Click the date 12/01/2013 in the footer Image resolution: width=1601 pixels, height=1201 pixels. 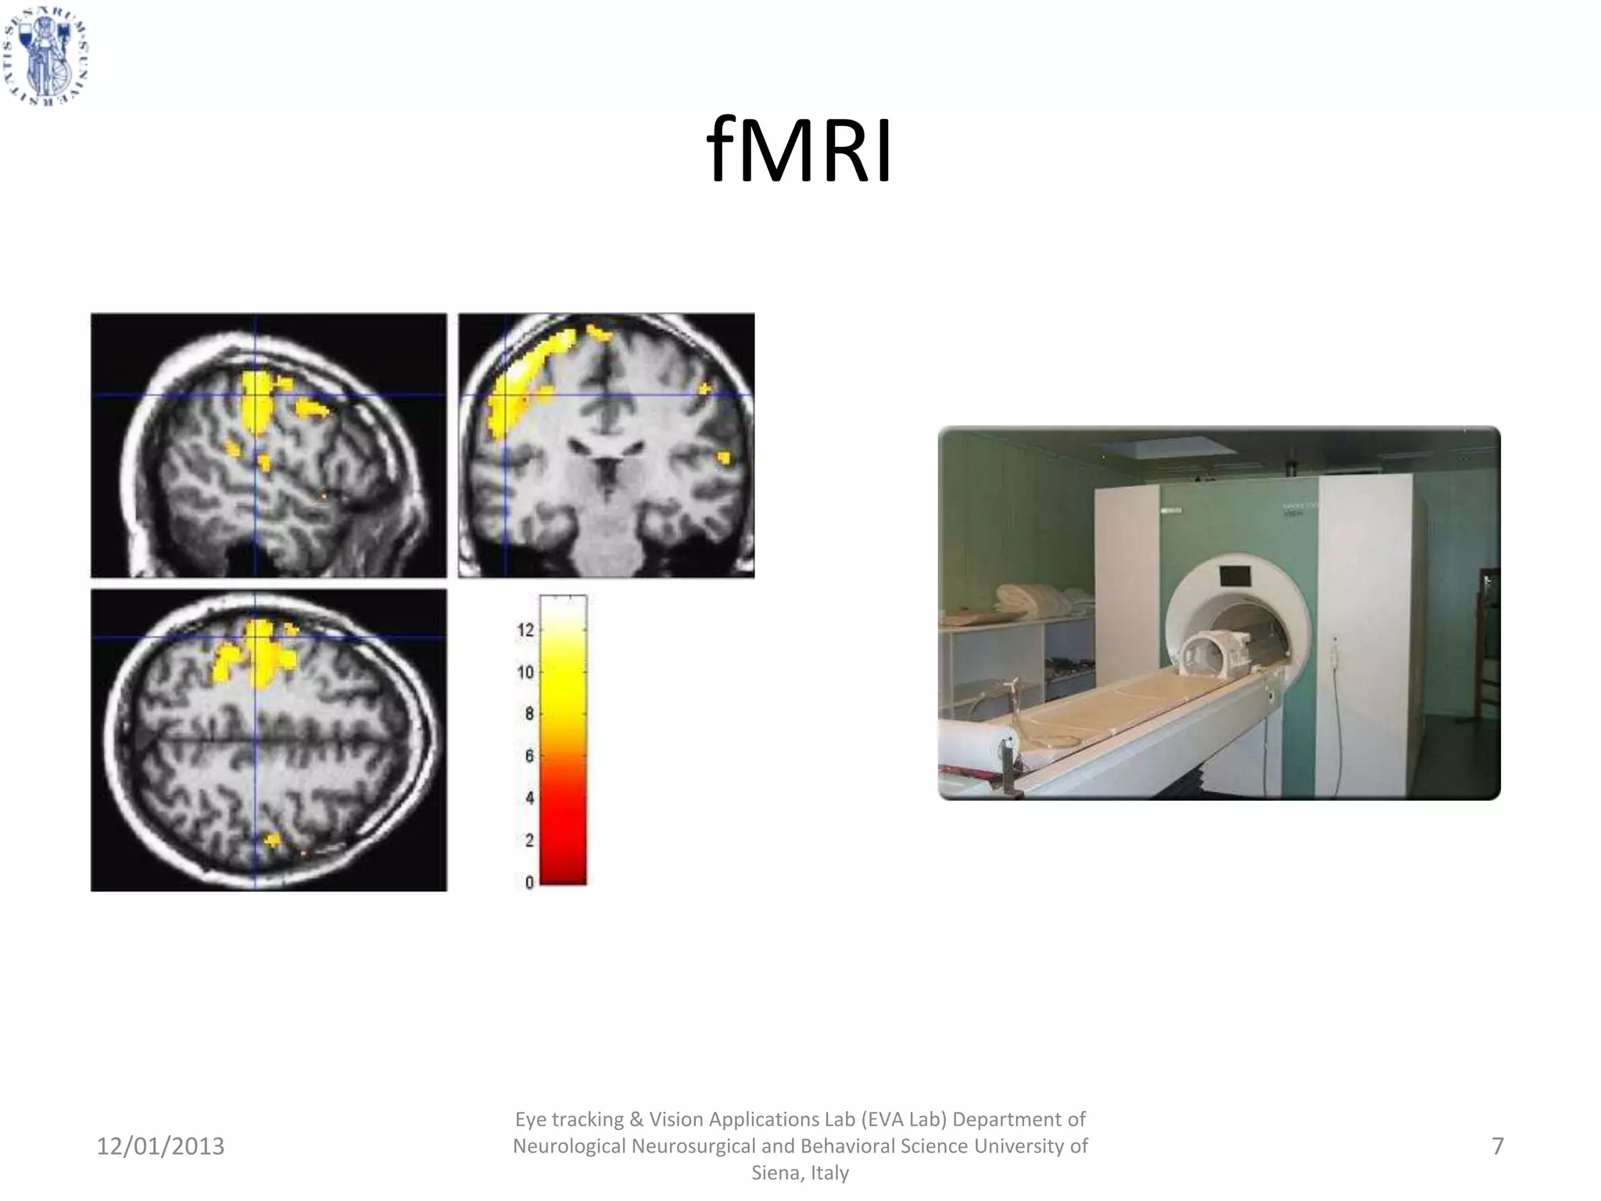160,1146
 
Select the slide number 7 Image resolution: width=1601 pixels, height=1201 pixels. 1497,1146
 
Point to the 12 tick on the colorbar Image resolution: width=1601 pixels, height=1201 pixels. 525,630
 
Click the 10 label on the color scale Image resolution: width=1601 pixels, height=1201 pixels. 525,672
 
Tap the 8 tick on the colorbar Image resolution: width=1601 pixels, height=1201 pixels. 529,714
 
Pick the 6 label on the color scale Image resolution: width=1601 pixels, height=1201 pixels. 529,756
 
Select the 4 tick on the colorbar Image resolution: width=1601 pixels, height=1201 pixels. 529,798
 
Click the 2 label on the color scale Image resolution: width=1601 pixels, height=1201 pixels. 529,841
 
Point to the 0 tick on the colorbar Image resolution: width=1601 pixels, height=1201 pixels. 529,883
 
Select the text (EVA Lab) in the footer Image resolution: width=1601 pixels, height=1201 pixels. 904,1120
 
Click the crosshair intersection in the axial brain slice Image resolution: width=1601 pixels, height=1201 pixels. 255,638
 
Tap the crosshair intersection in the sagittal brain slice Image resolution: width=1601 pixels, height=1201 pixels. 255,395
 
